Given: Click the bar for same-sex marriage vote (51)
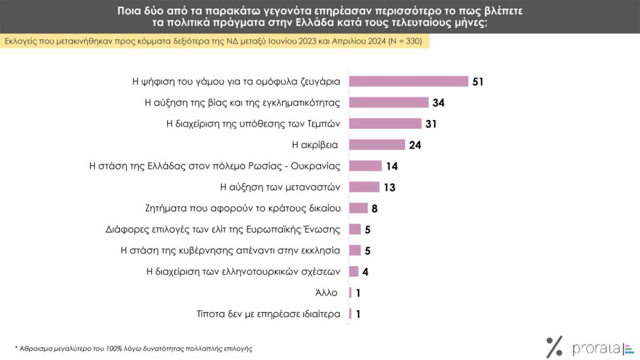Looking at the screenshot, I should point(409,81).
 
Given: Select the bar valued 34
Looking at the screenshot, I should point(389,103).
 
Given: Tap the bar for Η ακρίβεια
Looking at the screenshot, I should point(377,145).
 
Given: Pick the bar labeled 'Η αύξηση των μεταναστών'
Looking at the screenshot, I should point(365,187).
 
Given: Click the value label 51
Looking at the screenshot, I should point(477,82).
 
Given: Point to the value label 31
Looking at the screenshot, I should point(431,124).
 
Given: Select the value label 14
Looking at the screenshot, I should point(391,166).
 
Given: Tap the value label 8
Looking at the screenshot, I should point(375,208).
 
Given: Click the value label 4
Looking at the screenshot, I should point(365,272).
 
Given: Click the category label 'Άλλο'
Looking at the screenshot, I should point(326,293).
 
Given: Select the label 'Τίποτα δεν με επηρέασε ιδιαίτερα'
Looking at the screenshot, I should point(268,314).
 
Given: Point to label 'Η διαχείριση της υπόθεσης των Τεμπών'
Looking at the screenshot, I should point(253,124).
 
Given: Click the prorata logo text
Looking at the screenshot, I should point(595,348).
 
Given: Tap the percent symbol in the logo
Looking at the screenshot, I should point(554,347).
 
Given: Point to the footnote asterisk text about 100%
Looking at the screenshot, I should point(133,349).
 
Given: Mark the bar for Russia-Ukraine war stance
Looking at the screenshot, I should point(366,166).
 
